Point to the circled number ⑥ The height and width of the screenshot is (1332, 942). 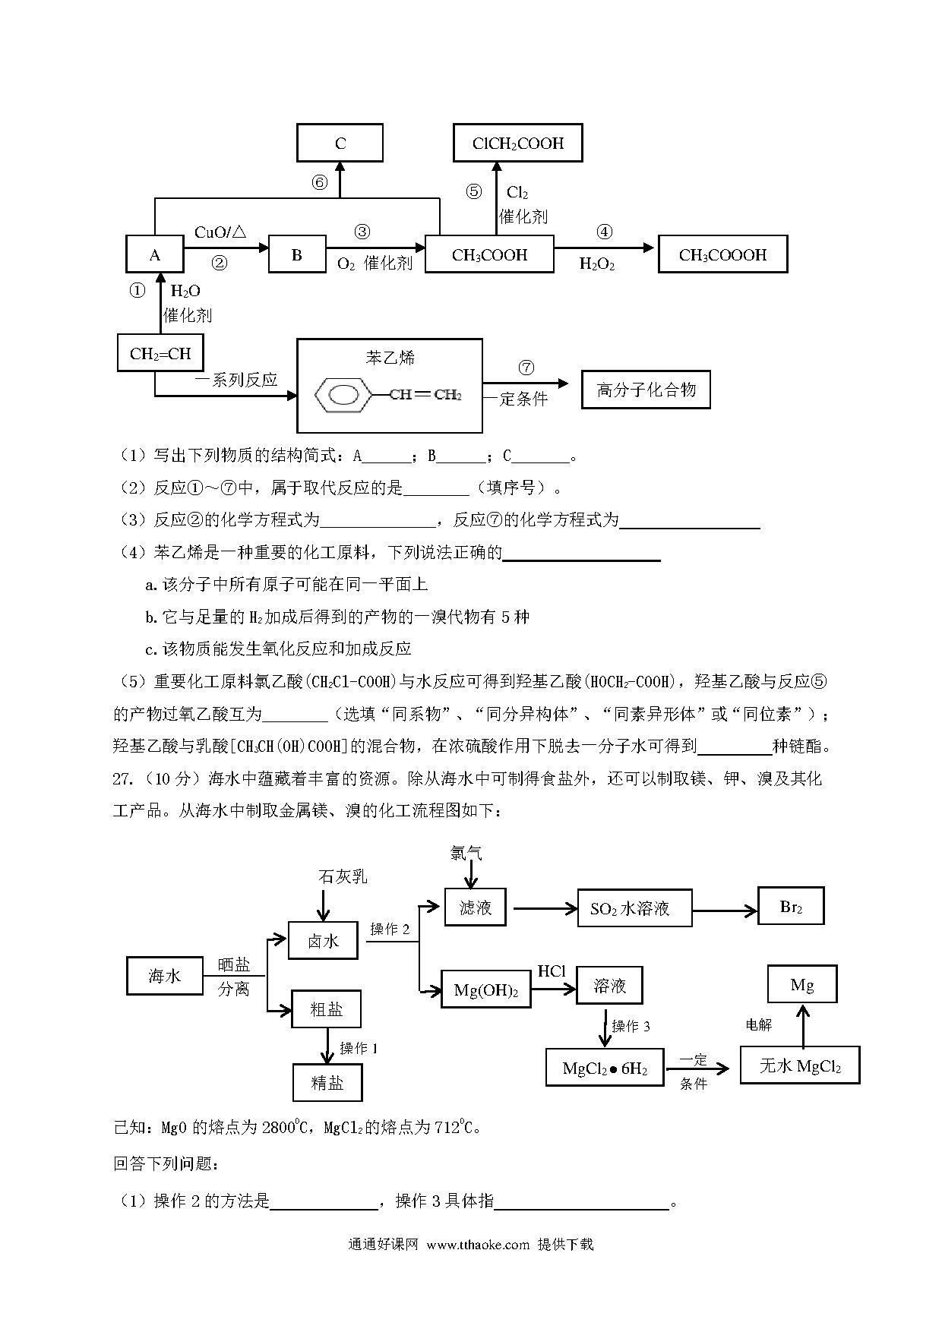coord(320,183)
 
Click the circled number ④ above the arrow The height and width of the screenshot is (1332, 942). coord(605,232)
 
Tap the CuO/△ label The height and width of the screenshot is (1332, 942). coord(220,232)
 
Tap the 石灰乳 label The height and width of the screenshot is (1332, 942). coord(343,876)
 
